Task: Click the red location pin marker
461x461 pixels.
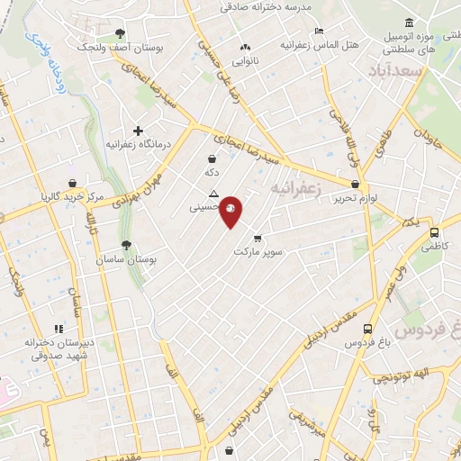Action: pos(231,212)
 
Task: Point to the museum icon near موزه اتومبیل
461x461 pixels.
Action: pos(410,23)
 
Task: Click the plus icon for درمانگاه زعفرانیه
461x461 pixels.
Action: pos(138,130)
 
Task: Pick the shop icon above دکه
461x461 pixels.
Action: pos(211,158)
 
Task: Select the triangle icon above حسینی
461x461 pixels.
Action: pos(213,194)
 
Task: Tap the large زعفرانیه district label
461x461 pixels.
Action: pos(297,189)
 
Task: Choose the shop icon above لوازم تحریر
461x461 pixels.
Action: pos(357,185)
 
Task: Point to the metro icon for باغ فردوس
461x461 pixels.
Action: pos(367,329)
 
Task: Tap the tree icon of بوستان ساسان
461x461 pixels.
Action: pos(125,244)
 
